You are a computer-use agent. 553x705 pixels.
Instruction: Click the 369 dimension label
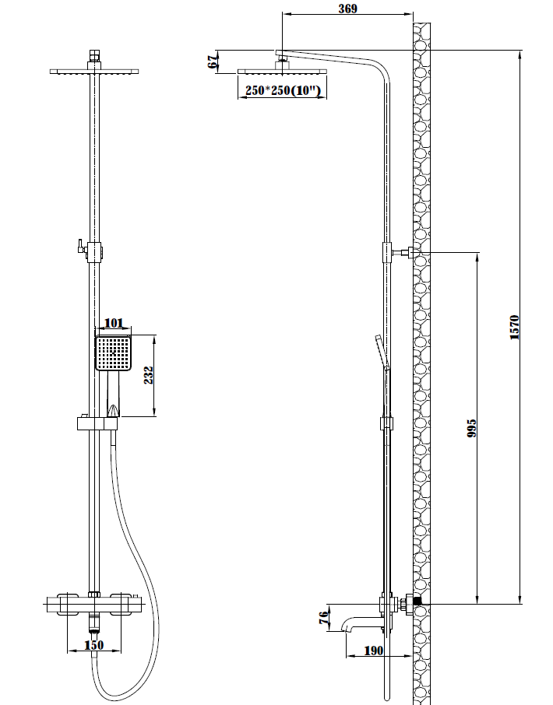click(347, 8)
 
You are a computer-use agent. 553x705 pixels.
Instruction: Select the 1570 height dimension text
click(514, 328)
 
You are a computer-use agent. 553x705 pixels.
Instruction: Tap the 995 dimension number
click(470, 429)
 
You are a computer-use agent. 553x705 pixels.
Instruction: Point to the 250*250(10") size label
click(283, 90)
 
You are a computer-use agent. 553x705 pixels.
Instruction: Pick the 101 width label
click(114, 323)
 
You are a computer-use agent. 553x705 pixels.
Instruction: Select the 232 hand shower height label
click(149, 375)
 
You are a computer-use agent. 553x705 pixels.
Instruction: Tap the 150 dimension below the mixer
click(94, 645)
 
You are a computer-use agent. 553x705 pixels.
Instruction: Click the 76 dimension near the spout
click(323, 618)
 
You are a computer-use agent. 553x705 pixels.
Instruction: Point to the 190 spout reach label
click(373, 651)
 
